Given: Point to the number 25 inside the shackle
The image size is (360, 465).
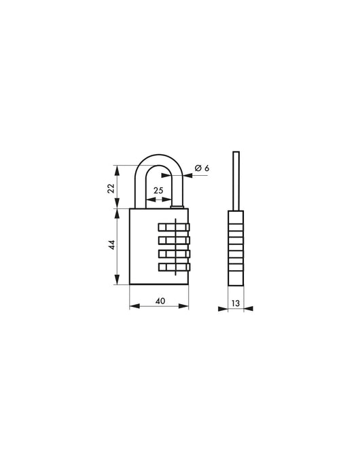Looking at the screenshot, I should coord(158,191).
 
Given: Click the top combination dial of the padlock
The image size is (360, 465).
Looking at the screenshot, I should coord(175,227).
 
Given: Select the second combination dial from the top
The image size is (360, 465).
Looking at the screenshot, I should coord(175,240).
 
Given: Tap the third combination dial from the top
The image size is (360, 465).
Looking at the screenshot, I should coord(175,254).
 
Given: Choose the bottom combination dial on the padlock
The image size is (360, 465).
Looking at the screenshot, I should coord(175,267).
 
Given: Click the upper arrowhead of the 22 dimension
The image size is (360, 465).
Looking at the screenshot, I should coord(120,167).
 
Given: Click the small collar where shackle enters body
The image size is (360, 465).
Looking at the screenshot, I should coord(179,206).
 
